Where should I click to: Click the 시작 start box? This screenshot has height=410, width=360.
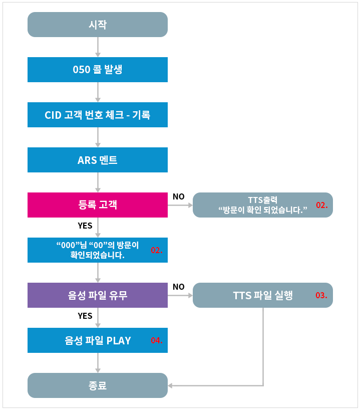tap(97, 24)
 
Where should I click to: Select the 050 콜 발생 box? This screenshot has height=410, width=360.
tap(97, 70)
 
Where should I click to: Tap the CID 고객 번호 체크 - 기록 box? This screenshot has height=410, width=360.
tap(97, 115)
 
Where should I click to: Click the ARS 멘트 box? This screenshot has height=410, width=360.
tap(97, 160)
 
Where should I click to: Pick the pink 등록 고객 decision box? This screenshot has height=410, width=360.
tap(97, 204)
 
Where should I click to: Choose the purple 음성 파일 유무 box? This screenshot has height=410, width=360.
tap(97, 295)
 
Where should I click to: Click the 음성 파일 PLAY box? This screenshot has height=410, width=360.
tap(97, 340)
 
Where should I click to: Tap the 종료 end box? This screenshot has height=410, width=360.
tap(97, 386)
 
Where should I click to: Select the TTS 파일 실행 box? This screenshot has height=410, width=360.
tap(263, 295)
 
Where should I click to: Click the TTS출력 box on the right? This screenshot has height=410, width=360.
tap(263, 204)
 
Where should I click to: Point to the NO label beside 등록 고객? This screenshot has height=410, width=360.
tap(178, 196)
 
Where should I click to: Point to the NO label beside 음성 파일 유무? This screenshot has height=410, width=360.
tap(178, 287)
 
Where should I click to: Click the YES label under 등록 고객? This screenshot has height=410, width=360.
tap(85, 226)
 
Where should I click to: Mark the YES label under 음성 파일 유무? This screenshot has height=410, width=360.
tap(85, 316)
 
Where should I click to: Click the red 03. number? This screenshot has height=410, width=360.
tap(321, 295)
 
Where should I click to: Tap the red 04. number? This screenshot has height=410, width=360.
tap(157, 341)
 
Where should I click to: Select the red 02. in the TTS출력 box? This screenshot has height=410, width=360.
tap(321, 205)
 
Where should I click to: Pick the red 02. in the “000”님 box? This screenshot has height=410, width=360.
tap(157, 250)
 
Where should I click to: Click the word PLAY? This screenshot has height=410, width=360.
tap(119, 341)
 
